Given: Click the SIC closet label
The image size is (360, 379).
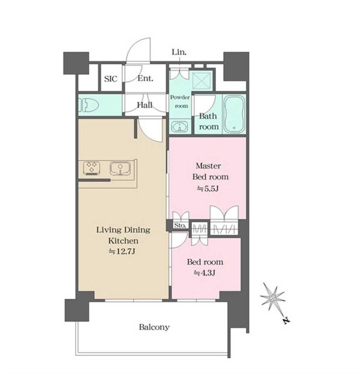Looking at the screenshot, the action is [111, 79].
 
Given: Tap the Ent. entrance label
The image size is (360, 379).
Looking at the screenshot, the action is [145, 78].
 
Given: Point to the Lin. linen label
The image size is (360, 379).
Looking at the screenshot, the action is [179, 52].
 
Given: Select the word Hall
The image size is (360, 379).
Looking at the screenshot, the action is [145, 105].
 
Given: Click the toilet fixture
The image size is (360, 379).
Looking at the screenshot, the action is [89, 105].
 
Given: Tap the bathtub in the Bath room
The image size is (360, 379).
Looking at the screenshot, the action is [234, 114].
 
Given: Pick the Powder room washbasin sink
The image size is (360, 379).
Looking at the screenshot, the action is [180, 127].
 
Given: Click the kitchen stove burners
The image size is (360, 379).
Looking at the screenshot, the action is [92, 168].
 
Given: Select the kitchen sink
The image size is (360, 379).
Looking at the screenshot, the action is [120, 168].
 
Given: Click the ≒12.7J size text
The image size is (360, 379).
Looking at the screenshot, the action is [122, 252].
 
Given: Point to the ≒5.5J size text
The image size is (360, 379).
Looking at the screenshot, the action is [208, 188].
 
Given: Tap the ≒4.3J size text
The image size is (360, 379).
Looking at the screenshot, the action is [205, 273].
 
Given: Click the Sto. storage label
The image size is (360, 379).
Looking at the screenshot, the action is [180, 225].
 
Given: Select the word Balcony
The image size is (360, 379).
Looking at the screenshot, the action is [154, 328].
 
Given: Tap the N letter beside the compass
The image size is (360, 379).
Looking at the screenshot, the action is [287, 320].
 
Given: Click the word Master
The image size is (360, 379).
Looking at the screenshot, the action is [208, 166].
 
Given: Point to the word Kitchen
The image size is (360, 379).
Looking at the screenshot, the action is [123, 241].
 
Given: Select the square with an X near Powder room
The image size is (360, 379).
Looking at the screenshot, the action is [202, 81].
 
